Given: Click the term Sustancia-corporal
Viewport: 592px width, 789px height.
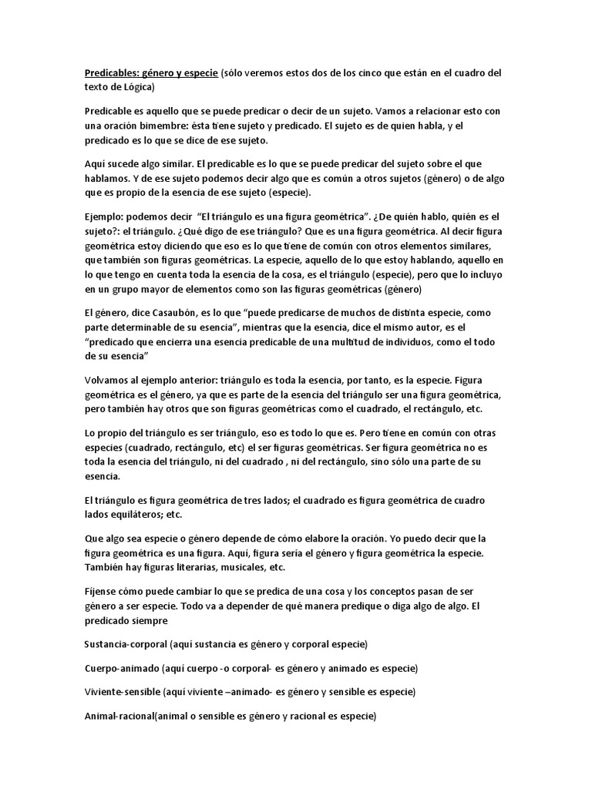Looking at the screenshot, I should [x=126, y=643].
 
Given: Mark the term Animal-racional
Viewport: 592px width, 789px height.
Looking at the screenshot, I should [x=119, y=716].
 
